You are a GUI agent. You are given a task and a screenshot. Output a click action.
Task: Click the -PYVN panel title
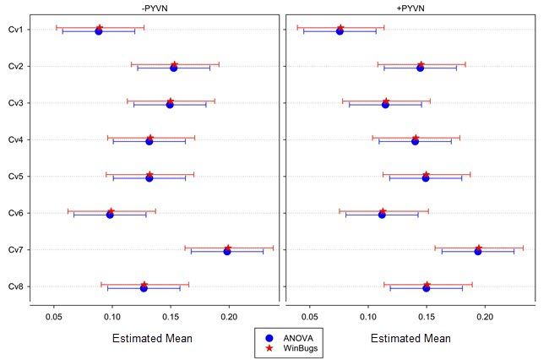[153, 8]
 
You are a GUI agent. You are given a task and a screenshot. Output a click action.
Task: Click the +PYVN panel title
[410, 8]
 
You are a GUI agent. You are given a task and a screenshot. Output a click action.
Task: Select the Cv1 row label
[15, 30]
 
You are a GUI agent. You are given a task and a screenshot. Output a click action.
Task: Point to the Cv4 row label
[15, 139]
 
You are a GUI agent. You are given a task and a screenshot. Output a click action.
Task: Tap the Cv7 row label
[15, 249]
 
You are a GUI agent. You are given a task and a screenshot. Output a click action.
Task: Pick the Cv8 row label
[15, 286]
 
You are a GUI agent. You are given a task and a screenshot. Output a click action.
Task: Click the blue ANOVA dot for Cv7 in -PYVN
[227, 252]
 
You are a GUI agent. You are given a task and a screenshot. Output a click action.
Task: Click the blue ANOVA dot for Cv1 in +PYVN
[340, 31]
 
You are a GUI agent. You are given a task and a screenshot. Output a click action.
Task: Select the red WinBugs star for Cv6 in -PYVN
[111, 211]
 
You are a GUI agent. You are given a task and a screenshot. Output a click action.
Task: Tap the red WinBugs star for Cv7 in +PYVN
[478, 248]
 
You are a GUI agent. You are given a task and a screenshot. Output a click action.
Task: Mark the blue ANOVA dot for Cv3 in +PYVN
[385, 105]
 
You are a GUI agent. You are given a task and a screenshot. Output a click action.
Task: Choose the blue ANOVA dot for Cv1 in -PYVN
[99, 31]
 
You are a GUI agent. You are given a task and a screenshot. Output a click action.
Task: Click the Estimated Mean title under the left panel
[152, 338]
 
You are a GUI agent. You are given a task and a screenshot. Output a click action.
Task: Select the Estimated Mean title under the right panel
[410, 338]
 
